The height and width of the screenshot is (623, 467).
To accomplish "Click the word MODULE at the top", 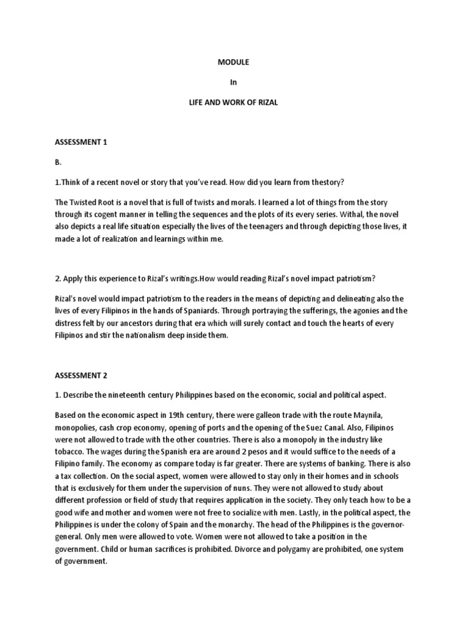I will tap(233, 62).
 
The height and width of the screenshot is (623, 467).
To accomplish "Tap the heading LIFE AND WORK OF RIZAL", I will tap(233, 103).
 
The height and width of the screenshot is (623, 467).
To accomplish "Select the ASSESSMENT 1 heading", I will tap(81, 142).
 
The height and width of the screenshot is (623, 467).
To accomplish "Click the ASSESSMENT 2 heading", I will tap(81, 375).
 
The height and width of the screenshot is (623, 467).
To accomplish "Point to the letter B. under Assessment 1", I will tap(58, 162).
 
